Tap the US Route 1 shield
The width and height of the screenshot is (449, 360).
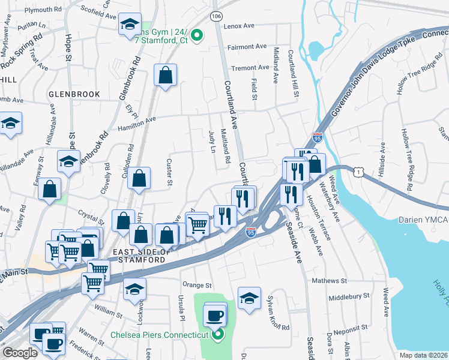pos(359,173)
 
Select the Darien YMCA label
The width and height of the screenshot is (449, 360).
pos(425,220)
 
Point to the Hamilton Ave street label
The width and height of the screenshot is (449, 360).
pos(137,119)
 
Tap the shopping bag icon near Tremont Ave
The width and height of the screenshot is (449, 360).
pos(165,76)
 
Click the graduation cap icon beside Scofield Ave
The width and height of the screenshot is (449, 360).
pos(130,25)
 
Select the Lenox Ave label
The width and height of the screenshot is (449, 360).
pos(240,26)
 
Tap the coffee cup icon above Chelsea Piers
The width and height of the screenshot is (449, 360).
pos(214,314)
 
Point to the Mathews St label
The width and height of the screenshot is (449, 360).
pos(329,280)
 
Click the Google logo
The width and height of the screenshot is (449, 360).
pos(20,353)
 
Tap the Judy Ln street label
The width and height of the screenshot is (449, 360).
pos(211,142)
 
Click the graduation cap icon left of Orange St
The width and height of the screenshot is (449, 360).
pos(135,289)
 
